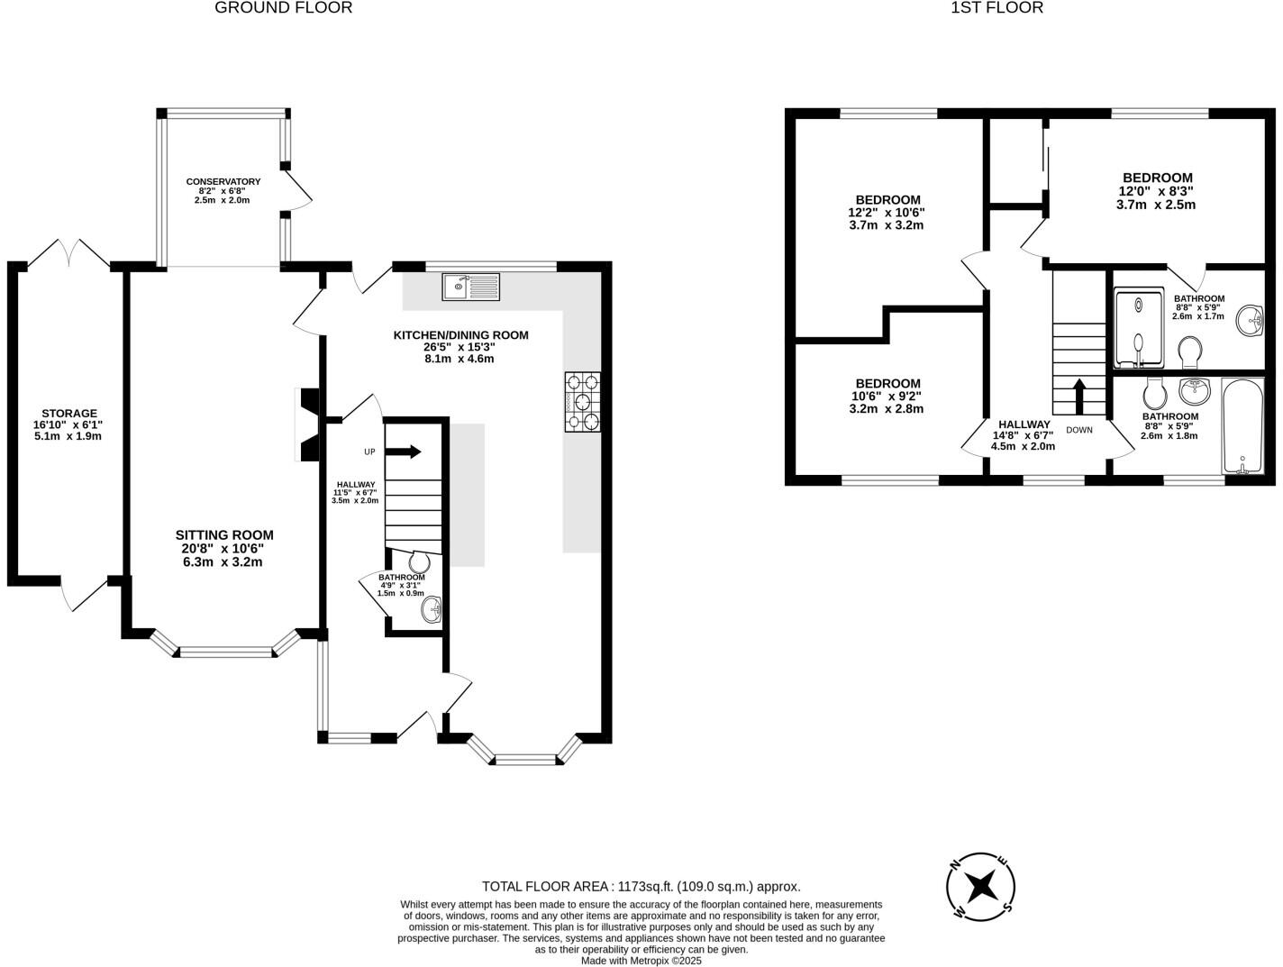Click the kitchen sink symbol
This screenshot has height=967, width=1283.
[470, 287]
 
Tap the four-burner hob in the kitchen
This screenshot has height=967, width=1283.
[582, 402]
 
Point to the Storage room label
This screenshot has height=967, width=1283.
[68, 424]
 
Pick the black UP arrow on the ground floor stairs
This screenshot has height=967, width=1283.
[405, 451]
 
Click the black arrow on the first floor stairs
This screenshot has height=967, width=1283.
[1078, 395]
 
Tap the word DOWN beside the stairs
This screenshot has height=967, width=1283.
[1078, 430]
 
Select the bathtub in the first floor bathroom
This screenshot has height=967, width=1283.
[1242, 425]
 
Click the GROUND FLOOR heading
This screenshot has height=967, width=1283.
[283, 8]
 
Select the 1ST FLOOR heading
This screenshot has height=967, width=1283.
[996, 8]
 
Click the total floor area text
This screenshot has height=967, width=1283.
[641, 886]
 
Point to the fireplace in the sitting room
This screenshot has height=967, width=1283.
[309, 424]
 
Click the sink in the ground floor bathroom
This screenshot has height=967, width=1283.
[432, 610]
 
